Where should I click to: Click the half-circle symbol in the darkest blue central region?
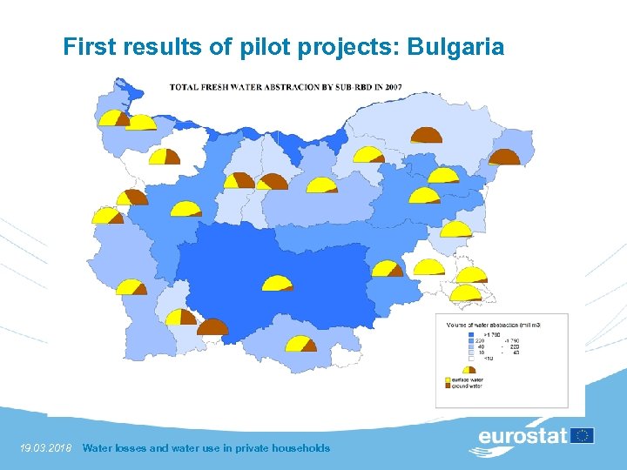(278, 283)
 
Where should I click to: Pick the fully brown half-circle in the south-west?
(212, 327)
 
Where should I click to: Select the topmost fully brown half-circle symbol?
(427, 135)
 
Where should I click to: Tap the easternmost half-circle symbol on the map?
(504, 158)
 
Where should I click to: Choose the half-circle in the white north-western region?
(165, 157)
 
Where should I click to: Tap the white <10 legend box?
(472, 357)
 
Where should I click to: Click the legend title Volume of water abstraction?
(492, 324)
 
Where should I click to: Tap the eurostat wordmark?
(522, 436)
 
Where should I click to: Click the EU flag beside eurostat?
(583, 435)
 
